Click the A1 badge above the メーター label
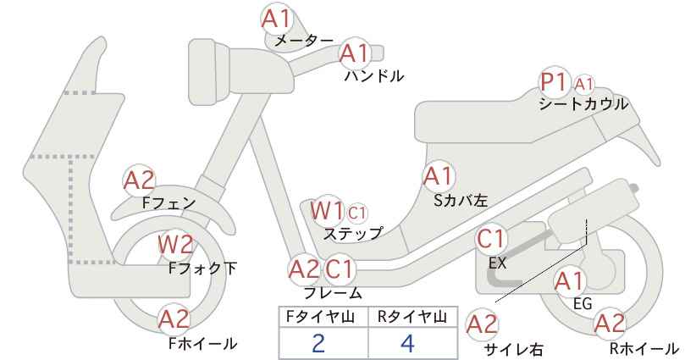[276, 19]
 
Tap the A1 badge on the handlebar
[355, 53]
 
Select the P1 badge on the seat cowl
[555, 82]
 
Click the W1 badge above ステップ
[327, 211]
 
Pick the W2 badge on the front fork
[176, 245]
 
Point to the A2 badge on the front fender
[139, 180]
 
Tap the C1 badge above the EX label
[491, 239]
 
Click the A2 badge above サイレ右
[483, 324]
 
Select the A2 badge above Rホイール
[610, 324]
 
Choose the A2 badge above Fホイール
[174, 319]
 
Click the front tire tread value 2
[318, 343]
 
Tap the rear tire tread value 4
[407, 343]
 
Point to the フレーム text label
[333, 293]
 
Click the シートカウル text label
[583, 104]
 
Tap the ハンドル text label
[374, 76]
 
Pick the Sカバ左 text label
[461, 201]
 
